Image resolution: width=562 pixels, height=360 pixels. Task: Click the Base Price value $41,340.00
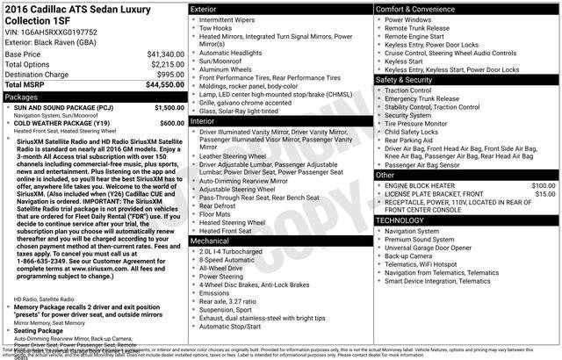(x=165, y=54)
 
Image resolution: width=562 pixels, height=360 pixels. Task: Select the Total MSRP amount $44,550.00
(x=165, y=85)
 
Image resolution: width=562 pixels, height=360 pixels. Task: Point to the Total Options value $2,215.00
(x=166, y=65)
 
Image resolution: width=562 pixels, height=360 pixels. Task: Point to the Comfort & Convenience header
(x=466, y=9)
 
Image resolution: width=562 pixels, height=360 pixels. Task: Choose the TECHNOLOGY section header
(x=466, y=220)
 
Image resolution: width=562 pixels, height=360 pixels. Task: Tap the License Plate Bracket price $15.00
(x=545, y=195)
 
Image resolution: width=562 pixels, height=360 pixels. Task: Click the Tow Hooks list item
(x=219, y=28)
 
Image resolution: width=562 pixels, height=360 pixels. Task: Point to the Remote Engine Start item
(x=414, y=37)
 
